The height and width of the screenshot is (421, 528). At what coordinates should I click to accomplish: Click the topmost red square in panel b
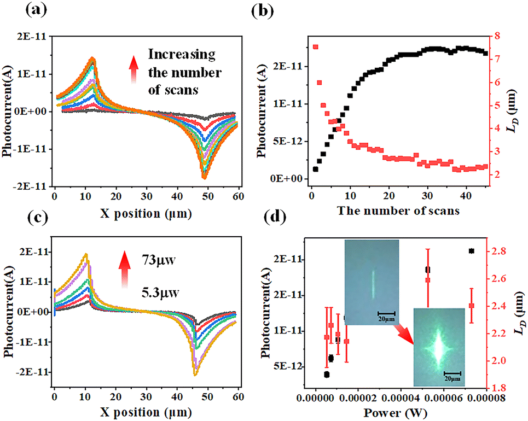[316, 46]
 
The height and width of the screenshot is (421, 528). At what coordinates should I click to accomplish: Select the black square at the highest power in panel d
[472, 251]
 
